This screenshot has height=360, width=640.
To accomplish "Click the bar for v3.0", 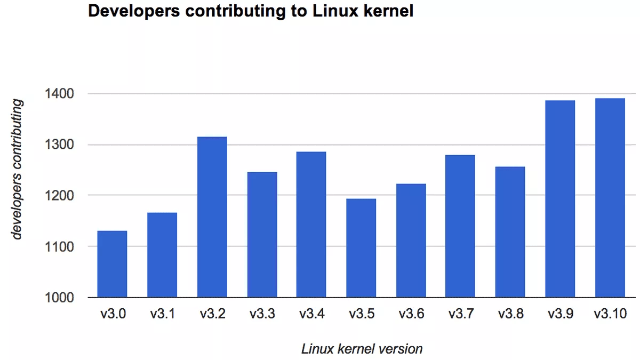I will [112, 264].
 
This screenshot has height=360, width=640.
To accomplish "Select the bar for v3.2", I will [212, 217].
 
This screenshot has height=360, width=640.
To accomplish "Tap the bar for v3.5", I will [361, 248].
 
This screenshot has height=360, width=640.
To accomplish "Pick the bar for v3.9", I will [560, 198].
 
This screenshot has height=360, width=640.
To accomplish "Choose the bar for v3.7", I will [460, 226].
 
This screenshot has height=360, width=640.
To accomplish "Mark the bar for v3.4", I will [311, 225].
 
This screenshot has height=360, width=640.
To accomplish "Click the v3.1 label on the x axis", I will [162, 314].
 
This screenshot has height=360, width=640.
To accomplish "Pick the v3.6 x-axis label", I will [411, 314].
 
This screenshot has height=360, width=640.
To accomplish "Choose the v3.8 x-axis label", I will [510, 314].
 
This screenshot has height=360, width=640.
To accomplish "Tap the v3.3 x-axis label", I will [262, 314].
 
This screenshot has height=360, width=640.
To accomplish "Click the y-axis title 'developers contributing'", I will [18, 169].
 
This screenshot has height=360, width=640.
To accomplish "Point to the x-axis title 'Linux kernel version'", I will [362, 349].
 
